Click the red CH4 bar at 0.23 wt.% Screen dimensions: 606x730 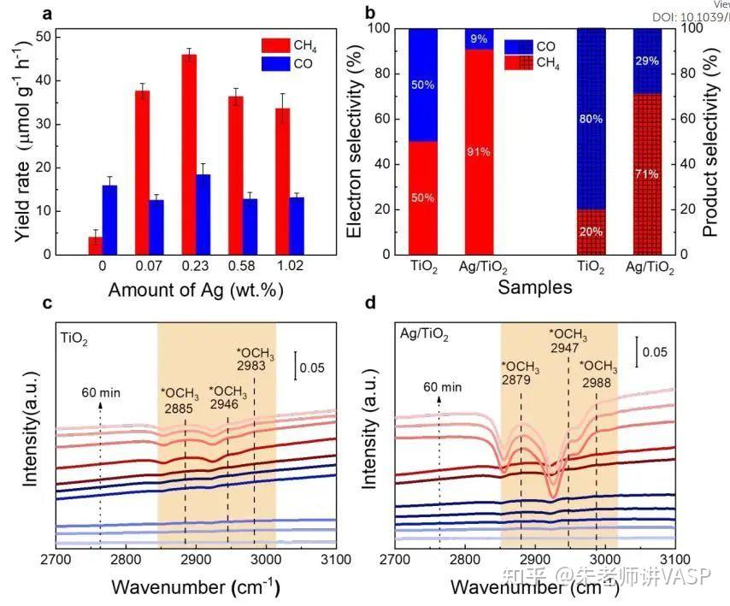(x=189, y=154)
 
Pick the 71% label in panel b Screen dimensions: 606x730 (x=646, y=174)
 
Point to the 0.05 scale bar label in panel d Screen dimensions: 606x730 (x=656, y=351)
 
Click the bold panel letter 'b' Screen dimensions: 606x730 (x=369, y=14)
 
